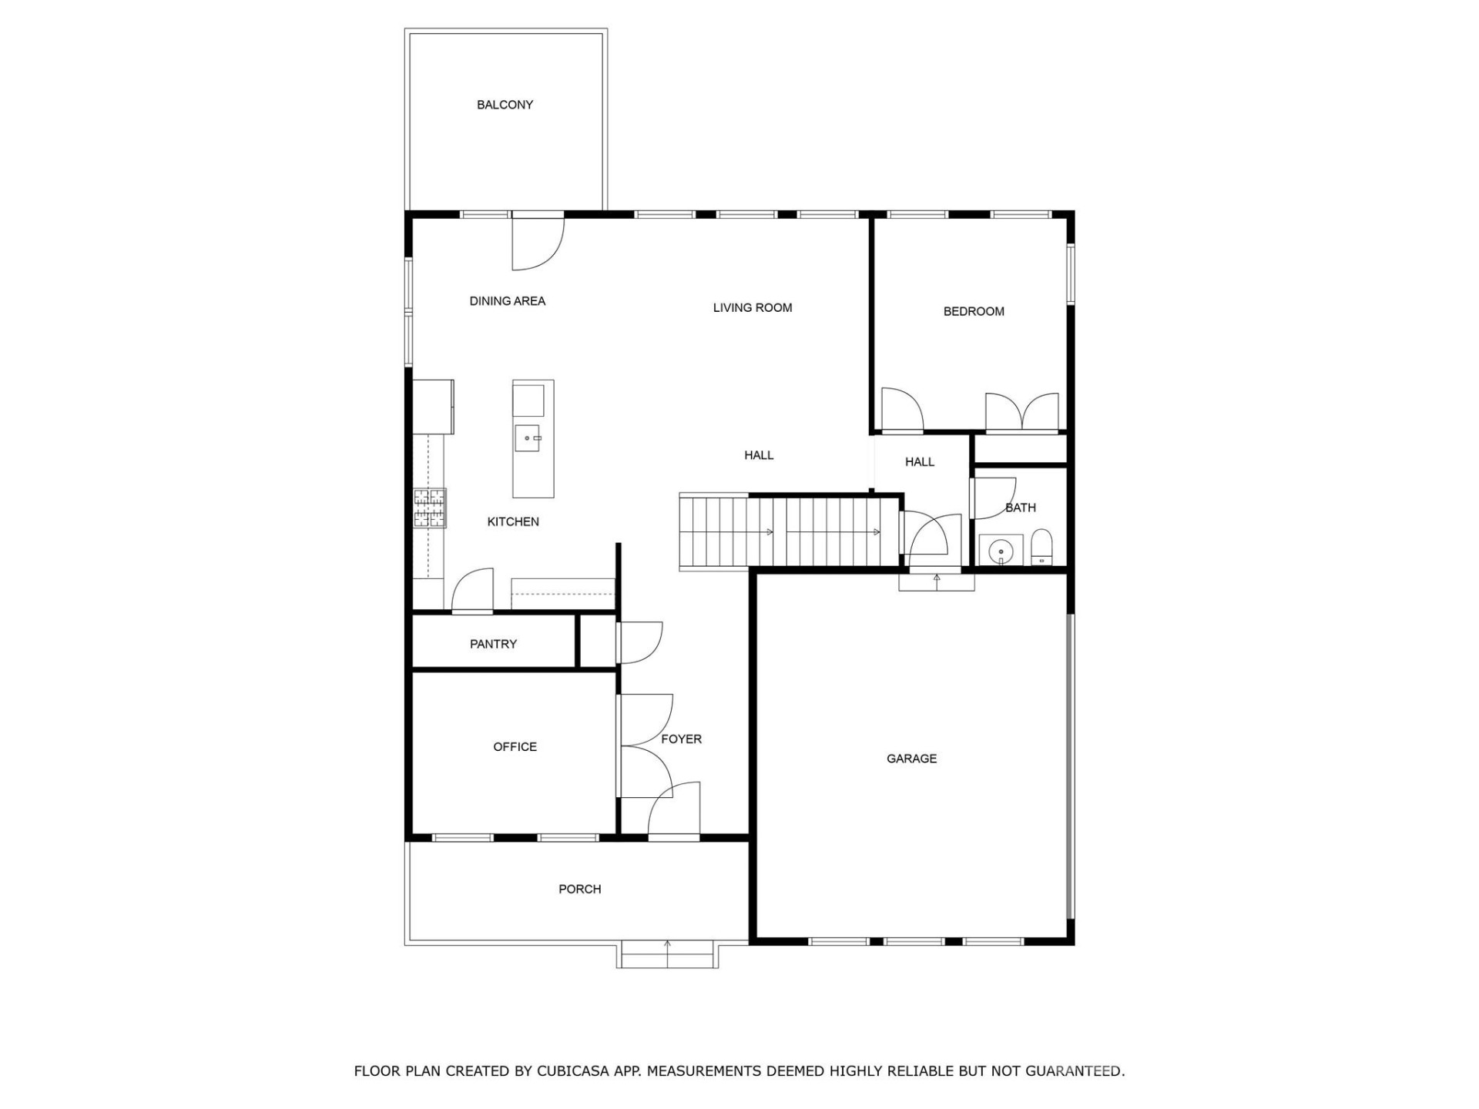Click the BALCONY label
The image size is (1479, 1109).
505,105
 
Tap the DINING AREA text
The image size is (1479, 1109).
507,301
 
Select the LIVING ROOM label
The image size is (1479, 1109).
752,308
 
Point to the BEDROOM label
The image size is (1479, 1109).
973,312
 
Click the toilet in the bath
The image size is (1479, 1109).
1041,548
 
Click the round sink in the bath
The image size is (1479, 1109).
1001,551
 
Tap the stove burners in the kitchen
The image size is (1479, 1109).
430,508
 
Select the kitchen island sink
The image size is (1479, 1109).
528,438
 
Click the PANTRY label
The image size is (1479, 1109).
493,644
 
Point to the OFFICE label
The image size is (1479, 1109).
515,747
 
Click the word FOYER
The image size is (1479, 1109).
681,739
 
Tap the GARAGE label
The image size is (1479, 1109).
911,759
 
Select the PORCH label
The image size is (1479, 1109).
579,890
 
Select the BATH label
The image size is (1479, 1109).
1020,508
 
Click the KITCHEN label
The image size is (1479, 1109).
513,522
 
